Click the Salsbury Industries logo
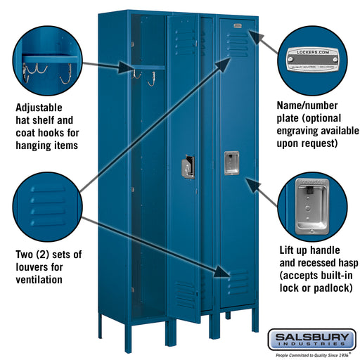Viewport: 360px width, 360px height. pyautogui.click(x=311, y=339)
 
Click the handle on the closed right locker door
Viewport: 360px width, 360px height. pyautogui.click(x=230, y=162)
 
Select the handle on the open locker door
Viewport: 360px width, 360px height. pyautogui.click(x=188, y=167)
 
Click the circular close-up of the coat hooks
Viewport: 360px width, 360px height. pyautogui.click(x=47, y=58)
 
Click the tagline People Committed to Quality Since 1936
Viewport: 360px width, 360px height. pyautogui.click(x=311, y=355)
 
